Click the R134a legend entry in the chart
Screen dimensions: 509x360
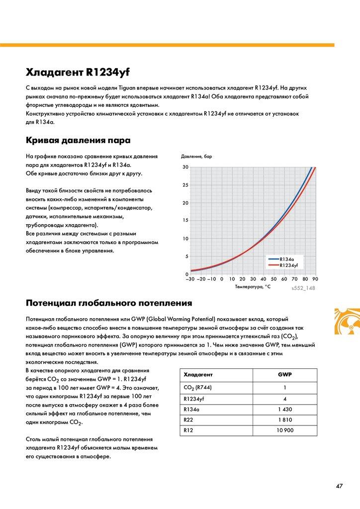287,259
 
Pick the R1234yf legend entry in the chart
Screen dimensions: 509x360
288,265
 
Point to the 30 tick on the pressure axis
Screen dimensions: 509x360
185,167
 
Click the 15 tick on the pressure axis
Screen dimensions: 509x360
185,221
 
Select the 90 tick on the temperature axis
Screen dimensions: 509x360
315,279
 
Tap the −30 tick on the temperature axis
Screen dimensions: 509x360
189,279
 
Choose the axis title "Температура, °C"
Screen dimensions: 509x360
253,287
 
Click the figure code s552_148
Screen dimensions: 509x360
303,288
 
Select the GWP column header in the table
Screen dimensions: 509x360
284,374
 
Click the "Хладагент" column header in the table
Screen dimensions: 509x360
198,374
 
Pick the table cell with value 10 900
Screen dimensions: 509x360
284,429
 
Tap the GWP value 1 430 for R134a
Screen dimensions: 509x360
284,409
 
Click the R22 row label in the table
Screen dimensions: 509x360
188,419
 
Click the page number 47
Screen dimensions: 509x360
339,486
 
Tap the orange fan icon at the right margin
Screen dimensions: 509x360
347,325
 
